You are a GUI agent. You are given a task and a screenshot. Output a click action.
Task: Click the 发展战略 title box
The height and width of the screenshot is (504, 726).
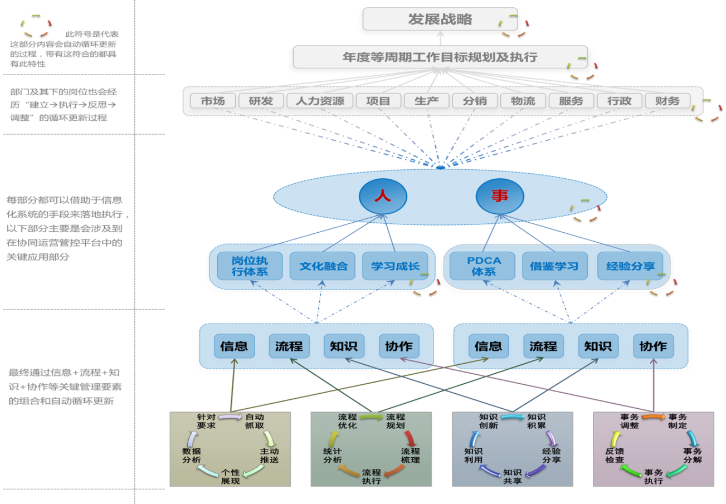pos(440,20)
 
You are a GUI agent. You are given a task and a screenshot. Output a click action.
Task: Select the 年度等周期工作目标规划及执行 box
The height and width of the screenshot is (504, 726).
pos(440,57)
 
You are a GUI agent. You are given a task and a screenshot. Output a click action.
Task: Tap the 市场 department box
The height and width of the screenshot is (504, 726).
pos(213,101)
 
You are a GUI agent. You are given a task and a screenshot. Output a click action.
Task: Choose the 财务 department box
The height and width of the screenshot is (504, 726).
pos(667,101)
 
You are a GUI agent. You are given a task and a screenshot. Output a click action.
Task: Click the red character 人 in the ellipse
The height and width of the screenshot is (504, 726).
pos(382,196)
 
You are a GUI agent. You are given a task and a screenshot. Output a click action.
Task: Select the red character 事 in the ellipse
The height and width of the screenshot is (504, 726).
pos(500,196)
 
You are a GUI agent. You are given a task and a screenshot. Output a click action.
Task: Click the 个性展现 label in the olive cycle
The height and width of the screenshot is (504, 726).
pos(231,476)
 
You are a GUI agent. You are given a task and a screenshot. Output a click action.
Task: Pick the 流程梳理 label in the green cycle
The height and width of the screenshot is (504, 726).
pos(411,456)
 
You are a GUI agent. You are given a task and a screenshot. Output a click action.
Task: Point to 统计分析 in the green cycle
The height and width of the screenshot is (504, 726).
pos(333,456)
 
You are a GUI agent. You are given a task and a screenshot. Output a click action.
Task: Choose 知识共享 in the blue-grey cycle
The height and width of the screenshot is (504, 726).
pos(513,476)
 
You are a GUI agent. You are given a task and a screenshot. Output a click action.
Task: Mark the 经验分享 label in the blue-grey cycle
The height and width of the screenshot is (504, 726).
pos(552,456)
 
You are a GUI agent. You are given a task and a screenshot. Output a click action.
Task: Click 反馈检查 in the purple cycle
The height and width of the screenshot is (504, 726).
pos(615,456)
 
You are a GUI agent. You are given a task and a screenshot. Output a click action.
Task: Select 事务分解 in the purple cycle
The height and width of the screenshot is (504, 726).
pos(693,456)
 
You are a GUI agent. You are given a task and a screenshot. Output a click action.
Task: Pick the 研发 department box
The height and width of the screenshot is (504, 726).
pos(261,101)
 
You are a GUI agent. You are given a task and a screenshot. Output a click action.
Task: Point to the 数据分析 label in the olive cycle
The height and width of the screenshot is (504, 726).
pos(192,456)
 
